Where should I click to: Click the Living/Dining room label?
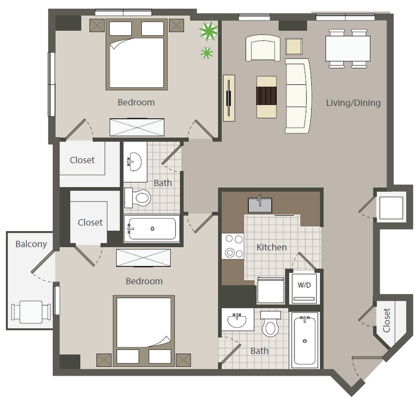point(353,102)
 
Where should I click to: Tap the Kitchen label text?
point(272,247)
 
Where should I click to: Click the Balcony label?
point(31,244)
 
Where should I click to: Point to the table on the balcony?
point(32,312)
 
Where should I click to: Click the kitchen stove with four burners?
point(232,246)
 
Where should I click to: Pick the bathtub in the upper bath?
point(152,228)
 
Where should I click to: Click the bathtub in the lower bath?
point(305,340)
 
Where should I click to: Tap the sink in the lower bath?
point(238,320)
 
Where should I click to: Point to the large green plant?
point(208,32)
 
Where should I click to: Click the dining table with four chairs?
point(348,48)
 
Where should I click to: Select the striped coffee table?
point(266,96)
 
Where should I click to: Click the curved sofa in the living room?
point(298,95)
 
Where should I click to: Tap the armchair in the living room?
point(263,48)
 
